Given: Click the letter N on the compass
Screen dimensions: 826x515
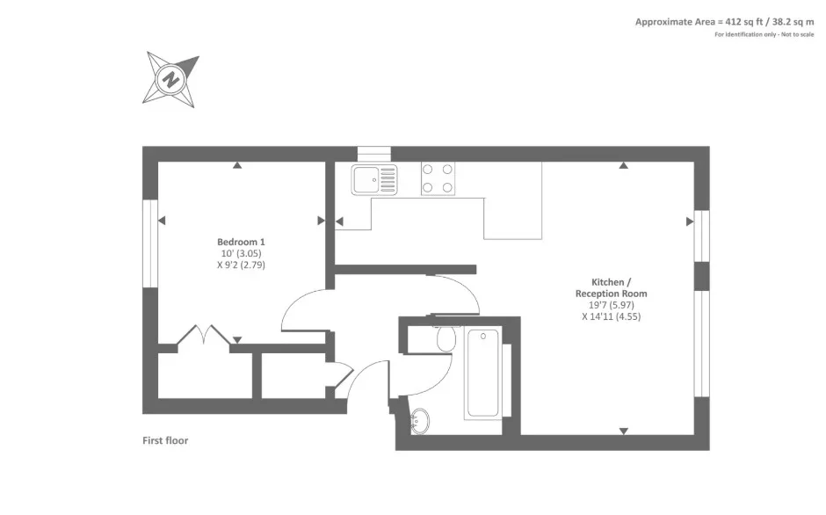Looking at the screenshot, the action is (170, 81).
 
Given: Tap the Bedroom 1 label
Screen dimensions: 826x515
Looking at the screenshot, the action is (241, 242).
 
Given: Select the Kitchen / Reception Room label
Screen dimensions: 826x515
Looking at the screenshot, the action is (611, 287).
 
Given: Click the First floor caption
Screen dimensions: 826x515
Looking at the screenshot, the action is (165, 440).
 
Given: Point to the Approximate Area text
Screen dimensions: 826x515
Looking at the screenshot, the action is (724, 22).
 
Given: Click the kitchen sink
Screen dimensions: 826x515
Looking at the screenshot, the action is (374, 180).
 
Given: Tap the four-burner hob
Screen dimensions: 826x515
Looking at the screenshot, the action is (438, 178).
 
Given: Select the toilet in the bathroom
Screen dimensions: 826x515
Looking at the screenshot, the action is (446, 337).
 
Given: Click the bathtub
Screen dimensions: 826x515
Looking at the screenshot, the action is (483, 374).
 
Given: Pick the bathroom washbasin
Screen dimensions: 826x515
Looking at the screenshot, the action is (419, 421).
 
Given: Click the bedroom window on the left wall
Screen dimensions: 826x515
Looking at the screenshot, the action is (150, 243).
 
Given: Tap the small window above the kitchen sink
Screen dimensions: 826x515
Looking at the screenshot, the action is (374, 154).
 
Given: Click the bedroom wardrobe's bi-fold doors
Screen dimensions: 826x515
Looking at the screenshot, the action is (203, 335).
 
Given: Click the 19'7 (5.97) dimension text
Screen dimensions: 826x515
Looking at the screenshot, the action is (611, 305).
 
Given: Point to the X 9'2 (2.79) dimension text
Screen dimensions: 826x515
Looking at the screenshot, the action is (241, 265).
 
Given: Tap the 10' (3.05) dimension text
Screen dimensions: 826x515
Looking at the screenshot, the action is (241, 254).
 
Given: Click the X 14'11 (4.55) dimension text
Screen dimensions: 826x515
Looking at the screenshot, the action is (611, 316).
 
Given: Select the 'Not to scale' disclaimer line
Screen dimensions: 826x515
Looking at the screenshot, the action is (764, 35).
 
